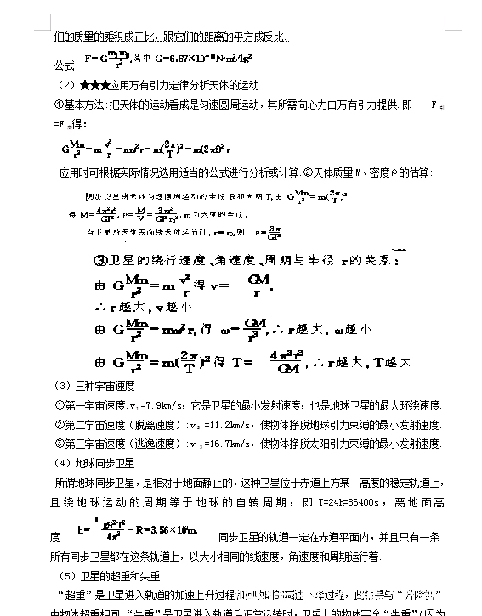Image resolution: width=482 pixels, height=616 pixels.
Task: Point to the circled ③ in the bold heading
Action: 99,260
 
